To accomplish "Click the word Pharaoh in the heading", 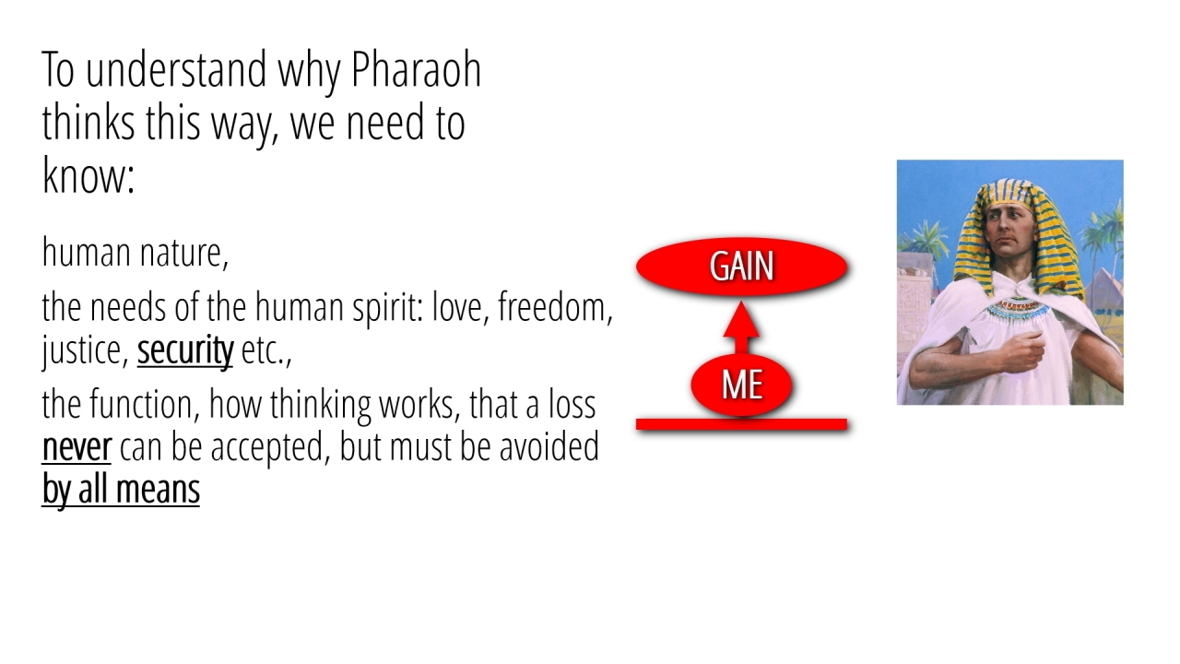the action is pos(416,70).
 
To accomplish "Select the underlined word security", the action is pos(185,350).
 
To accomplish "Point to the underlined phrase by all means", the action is pos(121,490).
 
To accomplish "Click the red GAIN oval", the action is pos(742,267).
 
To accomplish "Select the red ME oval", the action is pos(742,385).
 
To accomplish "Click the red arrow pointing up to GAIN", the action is pos(741,327).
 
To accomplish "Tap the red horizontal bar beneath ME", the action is pos(742,424).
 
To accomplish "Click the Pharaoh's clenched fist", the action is pos(1024,351).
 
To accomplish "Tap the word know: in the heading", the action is pos(88,175).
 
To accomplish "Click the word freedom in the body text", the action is pos(555,307).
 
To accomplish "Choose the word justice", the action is pos(85,351).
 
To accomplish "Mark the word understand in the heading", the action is pos(176,70).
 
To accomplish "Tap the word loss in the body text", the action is pos(572,404).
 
